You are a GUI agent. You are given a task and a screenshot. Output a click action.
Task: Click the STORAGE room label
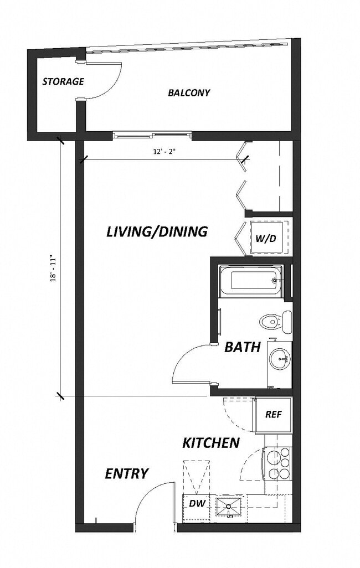(63, 81)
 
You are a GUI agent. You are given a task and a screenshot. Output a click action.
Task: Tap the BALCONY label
(189, 92)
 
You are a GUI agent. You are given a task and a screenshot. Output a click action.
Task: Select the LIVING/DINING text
(157, 231)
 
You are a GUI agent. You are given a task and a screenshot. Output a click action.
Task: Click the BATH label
(242, 348)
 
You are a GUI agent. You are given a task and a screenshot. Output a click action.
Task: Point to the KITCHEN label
(211, 443)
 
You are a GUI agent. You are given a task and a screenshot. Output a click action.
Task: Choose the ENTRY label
(127, 473)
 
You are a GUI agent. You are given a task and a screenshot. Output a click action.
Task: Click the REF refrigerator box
(272, 414)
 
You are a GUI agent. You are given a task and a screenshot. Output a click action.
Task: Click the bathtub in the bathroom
(251, 280)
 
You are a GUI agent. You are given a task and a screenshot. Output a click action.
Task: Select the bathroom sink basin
(280, 359)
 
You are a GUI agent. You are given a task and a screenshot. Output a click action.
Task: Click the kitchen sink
(228, 506)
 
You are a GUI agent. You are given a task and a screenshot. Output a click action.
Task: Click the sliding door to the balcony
(152, 134)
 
